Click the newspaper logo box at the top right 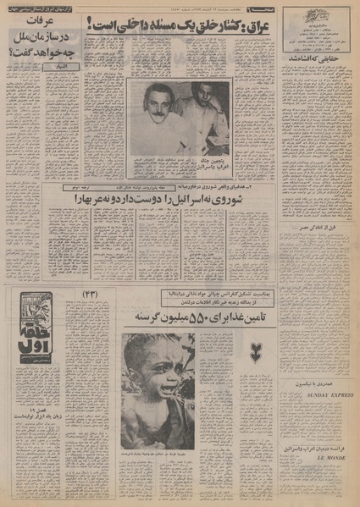317,21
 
